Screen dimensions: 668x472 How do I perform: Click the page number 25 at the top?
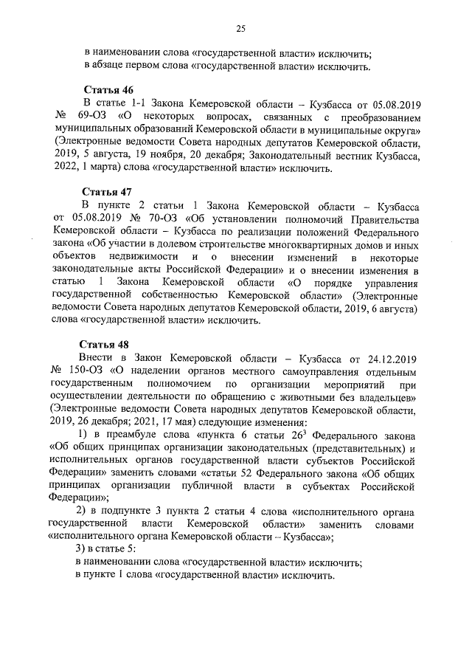[240, 30]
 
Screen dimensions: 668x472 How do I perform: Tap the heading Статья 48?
[103, 345]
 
